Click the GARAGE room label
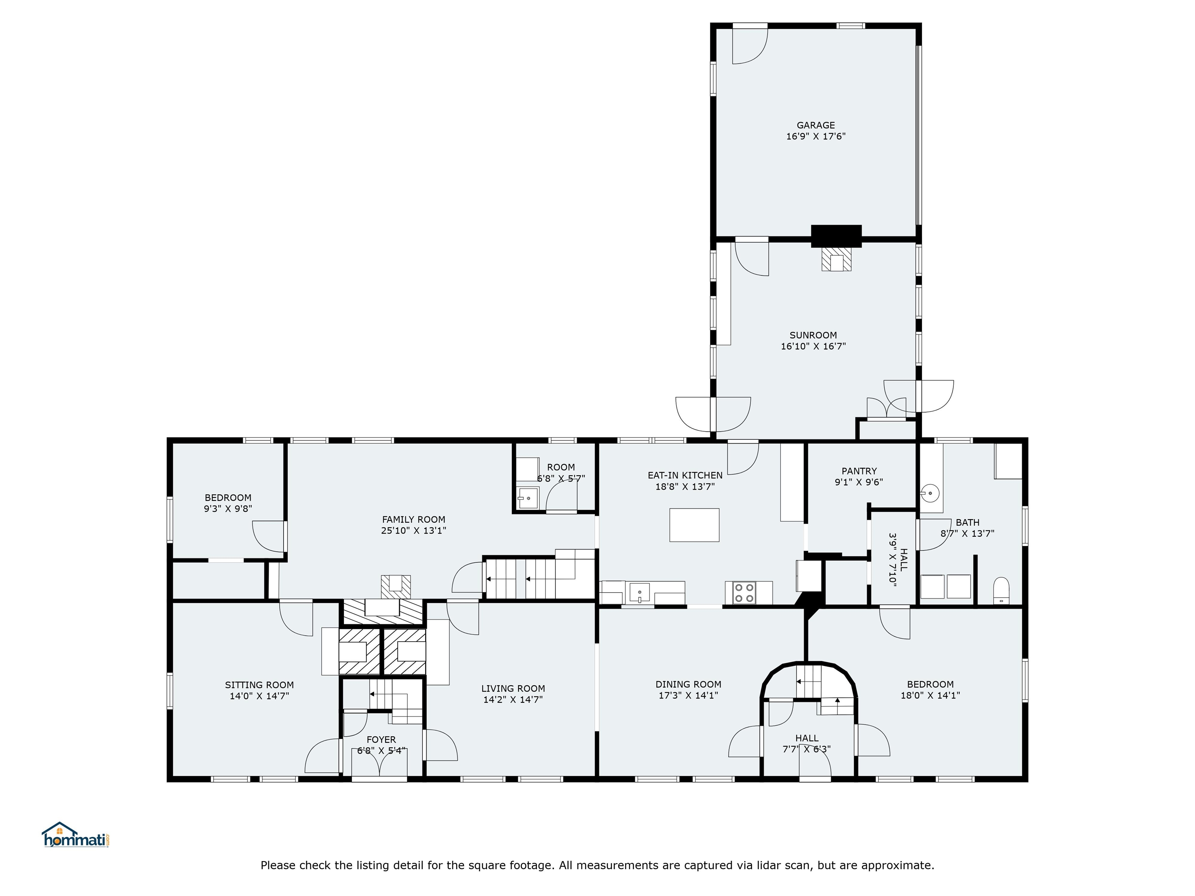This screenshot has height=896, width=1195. (x=816, y=125)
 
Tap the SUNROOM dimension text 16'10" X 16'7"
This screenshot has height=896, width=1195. (x=813, y=346)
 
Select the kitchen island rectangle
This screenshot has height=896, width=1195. (x=694, y=525)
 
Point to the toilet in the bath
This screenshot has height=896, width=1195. (x=1001, y=591)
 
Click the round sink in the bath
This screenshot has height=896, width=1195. (x=930, y=493)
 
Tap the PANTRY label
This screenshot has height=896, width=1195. (x=859, y=471)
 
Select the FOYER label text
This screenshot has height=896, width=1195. (x=381, y=739)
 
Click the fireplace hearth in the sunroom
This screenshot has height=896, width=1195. (x=836, y=260)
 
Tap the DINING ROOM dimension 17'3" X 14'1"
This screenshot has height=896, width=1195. (x=688, y=696)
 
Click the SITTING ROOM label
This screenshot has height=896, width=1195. (x=259, y=685)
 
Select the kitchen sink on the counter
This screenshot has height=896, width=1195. (x=640, y=593)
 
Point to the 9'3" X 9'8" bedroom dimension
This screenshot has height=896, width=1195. (x=228, y=509)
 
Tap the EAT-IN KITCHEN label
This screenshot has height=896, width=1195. (x=685, y=475)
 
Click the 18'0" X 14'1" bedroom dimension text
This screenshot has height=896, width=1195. (x=930, y=696)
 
